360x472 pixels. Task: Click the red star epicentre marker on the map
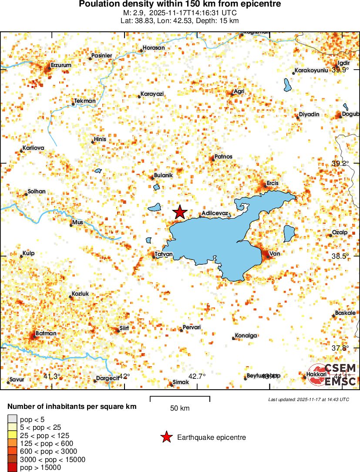pos(180,212)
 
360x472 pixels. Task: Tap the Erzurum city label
pos(61,65)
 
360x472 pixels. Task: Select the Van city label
pos(274,254)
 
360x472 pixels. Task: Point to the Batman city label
pos(46,334)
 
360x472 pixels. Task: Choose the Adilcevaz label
pos(215,214)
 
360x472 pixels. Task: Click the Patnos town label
pos(223,157)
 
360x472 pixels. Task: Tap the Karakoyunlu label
pos(311,71)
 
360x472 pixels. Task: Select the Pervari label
pos(192,327)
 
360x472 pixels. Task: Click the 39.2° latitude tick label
pos(340,164)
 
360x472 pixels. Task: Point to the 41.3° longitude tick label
pos(52,376)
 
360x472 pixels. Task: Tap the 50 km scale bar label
pos(180,408)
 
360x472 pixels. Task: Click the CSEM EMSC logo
pos(333,375)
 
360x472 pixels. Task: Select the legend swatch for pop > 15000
pos(12,468)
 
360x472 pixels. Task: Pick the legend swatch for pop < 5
pos(12,419)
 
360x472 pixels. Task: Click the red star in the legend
pos(166,437)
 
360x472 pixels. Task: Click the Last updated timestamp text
pos(308,399)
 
